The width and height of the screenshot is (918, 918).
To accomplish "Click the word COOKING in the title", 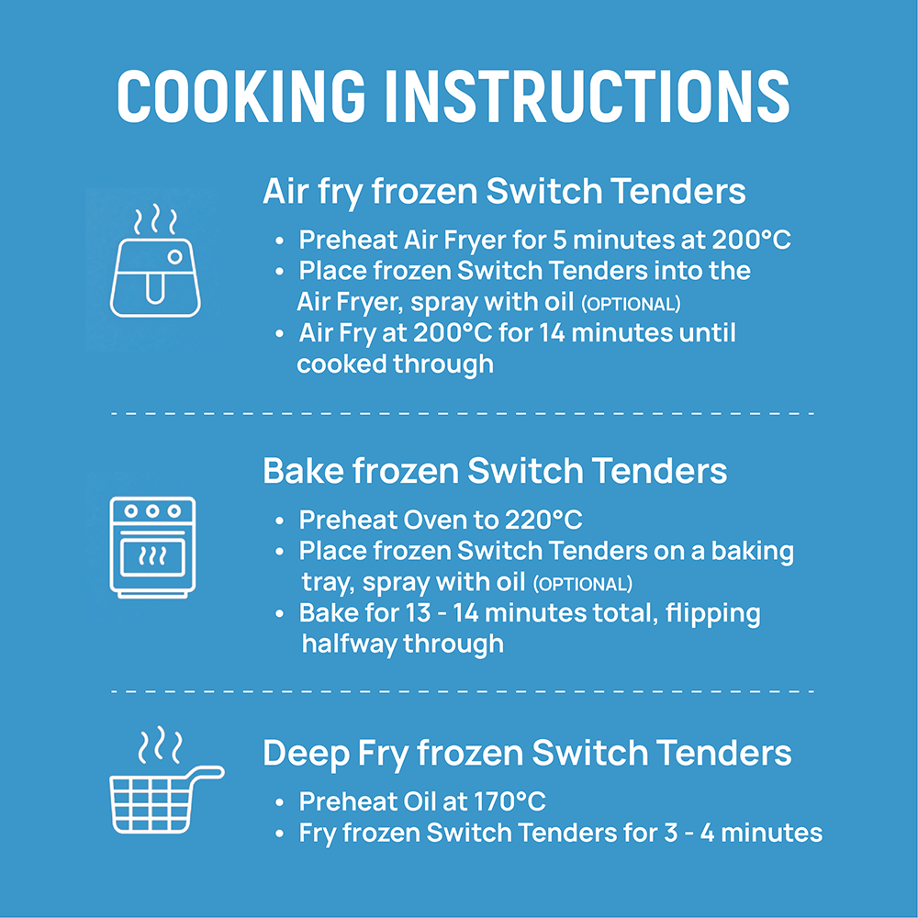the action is (x=241, y=96).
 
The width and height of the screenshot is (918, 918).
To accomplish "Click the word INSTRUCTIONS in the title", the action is (x=588, y=96).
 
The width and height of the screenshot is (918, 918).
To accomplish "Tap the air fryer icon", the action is (x=155, y=261).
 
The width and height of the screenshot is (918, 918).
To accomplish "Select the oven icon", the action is (x=152, y=547).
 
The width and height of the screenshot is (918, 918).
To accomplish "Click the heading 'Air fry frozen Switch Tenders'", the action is (x=504, y=192).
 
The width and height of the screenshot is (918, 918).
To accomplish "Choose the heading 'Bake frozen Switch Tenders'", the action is (x=495, y=471).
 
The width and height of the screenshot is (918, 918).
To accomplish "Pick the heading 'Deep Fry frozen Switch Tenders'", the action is (x=527, y=754).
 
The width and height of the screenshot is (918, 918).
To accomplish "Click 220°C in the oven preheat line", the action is (x=543, y=520).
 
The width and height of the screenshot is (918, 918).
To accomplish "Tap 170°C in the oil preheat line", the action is (x=509, y=801).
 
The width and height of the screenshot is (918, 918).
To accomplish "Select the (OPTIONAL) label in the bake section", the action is (x=583, y=584).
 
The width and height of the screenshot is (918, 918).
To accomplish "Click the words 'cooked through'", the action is (x=395, y=364).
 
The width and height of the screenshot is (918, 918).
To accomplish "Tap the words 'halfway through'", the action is (x=403, y=644).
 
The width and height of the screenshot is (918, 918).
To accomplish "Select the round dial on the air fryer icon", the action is (x=174, y=256).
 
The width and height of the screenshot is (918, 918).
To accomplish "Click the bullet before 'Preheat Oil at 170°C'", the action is (x=280, y=802).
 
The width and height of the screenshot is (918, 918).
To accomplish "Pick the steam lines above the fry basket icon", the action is (x=159, y=745).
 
